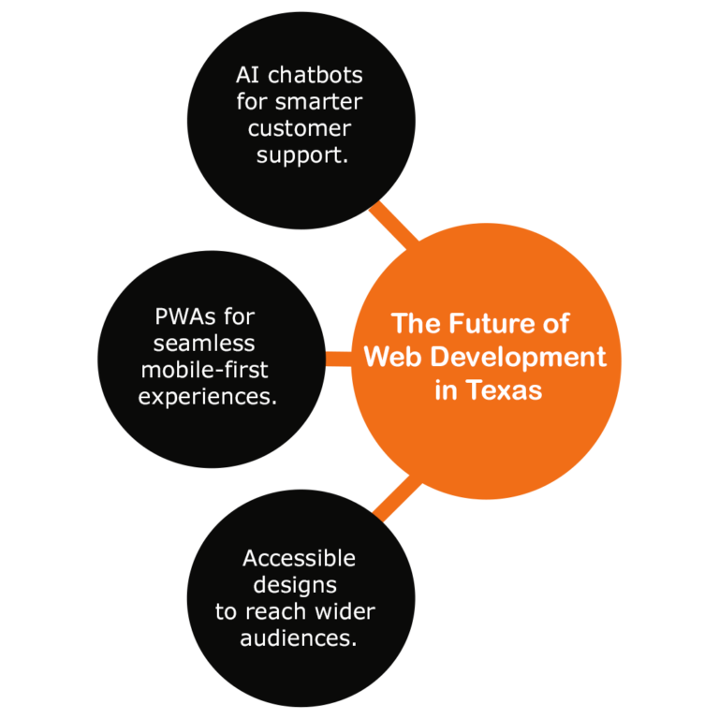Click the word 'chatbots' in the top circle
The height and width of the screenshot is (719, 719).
pyautogui.click(x=315, y=75)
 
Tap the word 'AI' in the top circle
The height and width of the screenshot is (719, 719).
pyautogui.click(x=248, y=75)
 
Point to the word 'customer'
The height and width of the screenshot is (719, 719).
pyautogui.click(x=300, y=128)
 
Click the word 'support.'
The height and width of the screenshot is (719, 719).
pyautogui.click(x=301, y=155)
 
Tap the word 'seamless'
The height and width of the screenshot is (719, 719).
pyautogui.click(x=204, y=344)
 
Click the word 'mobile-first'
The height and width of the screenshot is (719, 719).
pyautogui.click(x=204, y=370)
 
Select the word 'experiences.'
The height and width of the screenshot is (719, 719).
pyautogui.click(x=208, y=397)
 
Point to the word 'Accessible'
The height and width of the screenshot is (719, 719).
pyautogui.click(x=299, y=559)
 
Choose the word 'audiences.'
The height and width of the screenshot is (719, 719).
pyautogui.click(x=299, y=639)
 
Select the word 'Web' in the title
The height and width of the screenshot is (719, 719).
pyautogui.click(x=392, y=357)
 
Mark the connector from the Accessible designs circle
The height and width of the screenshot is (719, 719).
pyautogui.click(x=396, y=497)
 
